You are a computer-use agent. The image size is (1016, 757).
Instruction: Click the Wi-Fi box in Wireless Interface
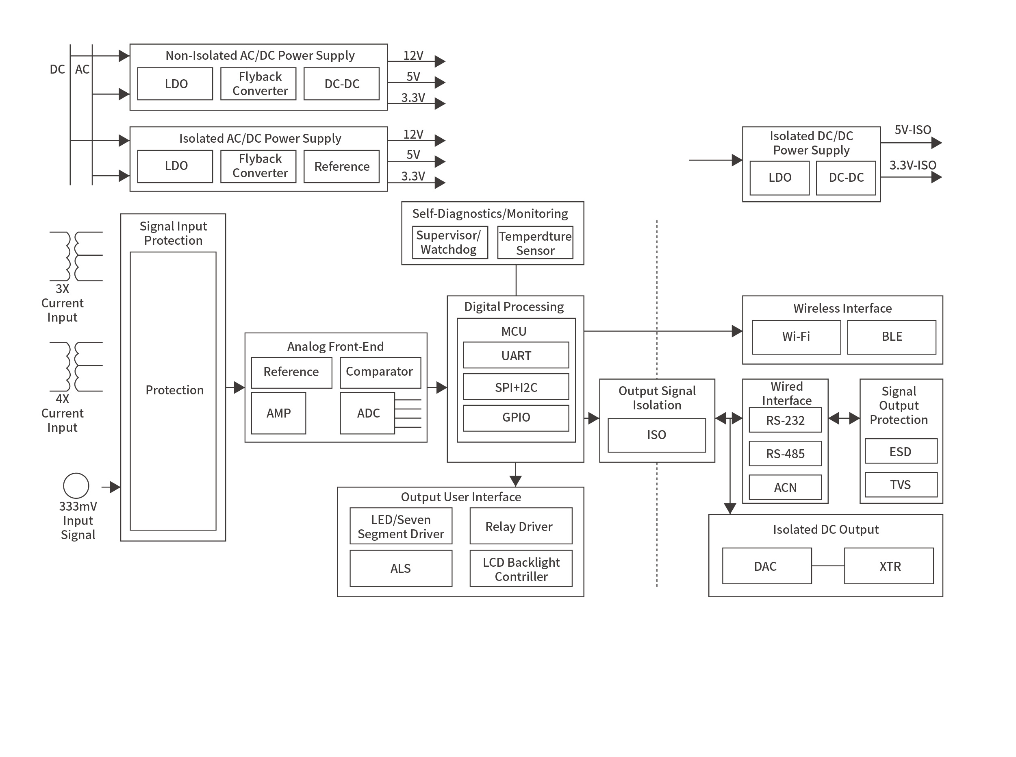point(796,337)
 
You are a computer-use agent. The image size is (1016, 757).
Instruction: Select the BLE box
point(891,337)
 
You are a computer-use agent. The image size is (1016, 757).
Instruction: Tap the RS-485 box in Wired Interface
point(785,454)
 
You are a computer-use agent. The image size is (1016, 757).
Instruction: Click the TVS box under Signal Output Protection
point(900,485)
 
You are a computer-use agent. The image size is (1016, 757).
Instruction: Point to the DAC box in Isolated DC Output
point(766,566)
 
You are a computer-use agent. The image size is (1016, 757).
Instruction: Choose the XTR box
point(889,566)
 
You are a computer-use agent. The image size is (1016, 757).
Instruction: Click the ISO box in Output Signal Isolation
point(656,435)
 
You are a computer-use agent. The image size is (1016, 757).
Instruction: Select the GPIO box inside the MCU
point(516,418)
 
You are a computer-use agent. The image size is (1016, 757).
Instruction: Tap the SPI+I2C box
point(516,387)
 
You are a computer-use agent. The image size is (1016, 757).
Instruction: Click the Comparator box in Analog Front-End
point(380,372)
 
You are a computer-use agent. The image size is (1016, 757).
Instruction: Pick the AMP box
point(278,413)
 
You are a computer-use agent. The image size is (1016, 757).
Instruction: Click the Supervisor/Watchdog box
point(449,242)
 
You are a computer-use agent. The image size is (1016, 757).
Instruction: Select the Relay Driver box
point(520,526)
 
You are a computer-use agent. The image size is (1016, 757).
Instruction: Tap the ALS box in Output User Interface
point(400,568)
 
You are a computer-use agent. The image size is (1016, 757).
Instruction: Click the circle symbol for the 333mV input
point(76,486)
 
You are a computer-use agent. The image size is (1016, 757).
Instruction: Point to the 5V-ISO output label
point(912,130)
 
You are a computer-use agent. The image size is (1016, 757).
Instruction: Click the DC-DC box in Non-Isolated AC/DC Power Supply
point(341,84)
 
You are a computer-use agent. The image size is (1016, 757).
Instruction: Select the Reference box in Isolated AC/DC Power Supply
point(341,166)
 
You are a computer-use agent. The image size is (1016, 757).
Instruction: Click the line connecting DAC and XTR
point(827,566)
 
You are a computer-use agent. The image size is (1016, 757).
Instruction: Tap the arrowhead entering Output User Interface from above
point(515,481)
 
